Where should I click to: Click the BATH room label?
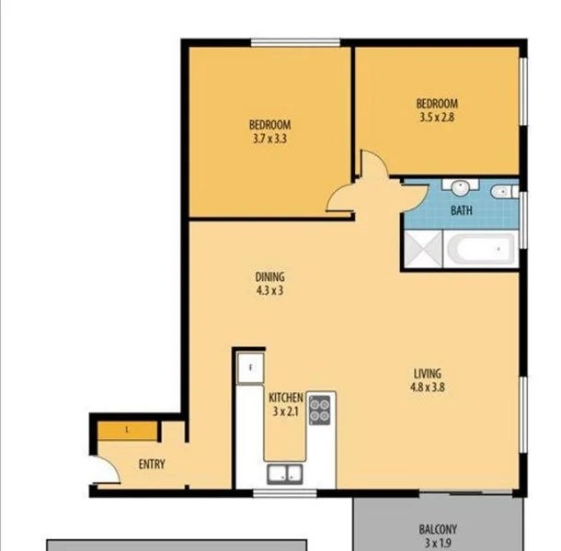click(462, 211)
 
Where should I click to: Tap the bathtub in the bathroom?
click(479, 248)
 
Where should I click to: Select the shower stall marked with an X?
click(423, 249)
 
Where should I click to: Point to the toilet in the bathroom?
click(501, 192)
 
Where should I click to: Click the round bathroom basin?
click(460, 186)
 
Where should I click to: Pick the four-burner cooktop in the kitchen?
click(320, 409)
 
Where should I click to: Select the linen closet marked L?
click(127, 430)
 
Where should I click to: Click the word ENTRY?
click(152, 465)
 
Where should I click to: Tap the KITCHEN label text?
click(286, 397)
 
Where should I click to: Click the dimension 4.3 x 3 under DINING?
click(270, 291)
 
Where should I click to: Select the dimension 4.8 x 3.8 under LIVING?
click(428, 388)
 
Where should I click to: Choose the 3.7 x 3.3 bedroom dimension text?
click(270, 140)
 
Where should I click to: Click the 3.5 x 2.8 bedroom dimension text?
click(437, 118)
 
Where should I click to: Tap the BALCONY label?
click(439, 530)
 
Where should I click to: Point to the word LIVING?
click(428, 374)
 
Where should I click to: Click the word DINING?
click(270, 277)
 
